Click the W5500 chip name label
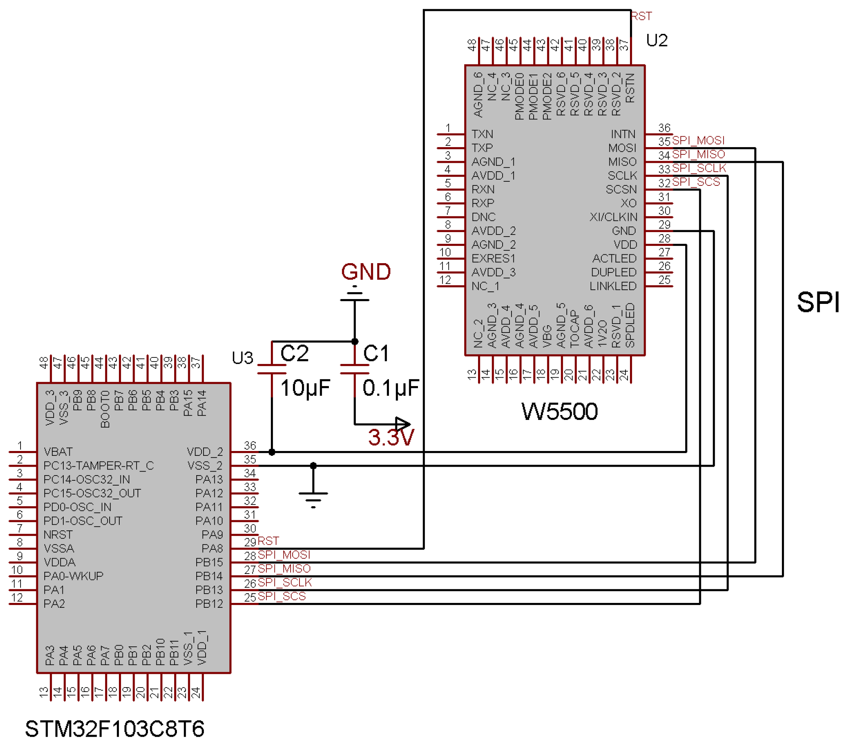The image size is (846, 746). (x=559, y=411)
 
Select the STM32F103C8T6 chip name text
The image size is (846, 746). (x=114, y=729)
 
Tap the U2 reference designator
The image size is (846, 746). (x=657, y=41)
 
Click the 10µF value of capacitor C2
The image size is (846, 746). (x=305, y=389)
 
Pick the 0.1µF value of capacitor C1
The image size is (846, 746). (x=391, y=389)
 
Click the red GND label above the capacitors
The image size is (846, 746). (x=366, y=272)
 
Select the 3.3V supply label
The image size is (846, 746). (x=391, y=438)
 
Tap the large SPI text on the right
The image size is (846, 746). (x=818, y=302)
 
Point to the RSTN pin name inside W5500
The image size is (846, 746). (x=630, y=88)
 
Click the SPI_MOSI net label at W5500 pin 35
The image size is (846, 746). (x=698, y=140)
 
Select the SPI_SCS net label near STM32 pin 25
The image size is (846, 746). (x=282, y=596)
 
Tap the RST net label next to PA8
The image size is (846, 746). (x=268, y=541)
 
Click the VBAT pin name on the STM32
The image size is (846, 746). (x=58, y=452)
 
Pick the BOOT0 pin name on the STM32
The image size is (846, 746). (x=105, y=409)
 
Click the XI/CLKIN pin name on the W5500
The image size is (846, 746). (x=613, y=217)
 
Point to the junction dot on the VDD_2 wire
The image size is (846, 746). (x=272, y=452)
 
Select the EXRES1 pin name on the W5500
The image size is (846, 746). (x=493, y=258)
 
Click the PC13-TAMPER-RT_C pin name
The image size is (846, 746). (x=98, y=466)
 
